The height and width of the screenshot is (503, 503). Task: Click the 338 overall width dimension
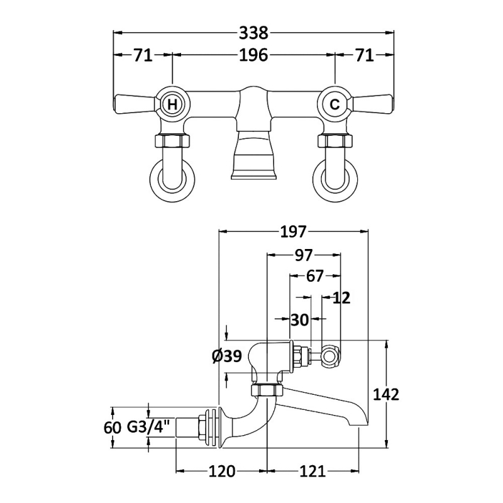click(253, 33)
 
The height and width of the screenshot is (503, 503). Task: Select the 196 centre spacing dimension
click(253, 55)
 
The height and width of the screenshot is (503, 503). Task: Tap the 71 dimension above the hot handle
click(143, 55)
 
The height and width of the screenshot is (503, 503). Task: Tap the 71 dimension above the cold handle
click(364, 55)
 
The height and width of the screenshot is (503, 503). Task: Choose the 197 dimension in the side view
click(292, 232)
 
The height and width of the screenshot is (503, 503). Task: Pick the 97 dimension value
click(304, 255)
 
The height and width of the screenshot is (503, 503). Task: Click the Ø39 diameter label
click(227, 357)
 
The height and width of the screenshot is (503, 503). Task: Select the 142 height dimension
click(386, 394)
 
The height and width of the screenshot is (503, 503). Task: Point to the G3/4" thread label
click(149, 428)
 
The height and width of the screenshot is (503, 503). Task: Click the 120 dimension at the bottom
click(222, 471)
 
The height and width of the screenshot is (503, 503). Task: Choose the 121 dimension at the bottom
click(312, 471)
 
